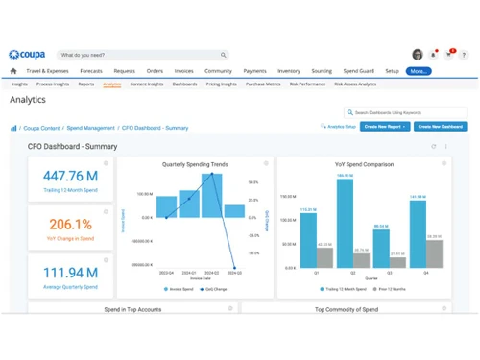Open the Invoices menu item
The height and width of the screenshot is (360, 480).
183,71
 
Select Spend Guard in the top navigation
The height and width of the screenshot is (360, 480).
358,71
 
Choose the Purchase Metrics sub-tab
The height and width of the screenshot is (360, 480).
263,84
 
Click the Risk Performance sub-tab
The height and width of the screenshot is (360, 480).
307,84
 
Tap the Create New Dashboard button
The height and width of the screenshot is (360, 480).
441,127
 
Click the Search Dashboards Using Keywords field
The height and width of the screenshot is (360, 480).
408,112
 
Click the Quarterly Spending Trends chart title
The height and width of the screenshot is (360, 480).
196,164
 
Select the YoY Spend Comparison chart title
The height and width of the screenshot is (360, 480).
364,164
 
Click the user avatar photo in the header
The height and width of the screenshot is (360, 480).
418,55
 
